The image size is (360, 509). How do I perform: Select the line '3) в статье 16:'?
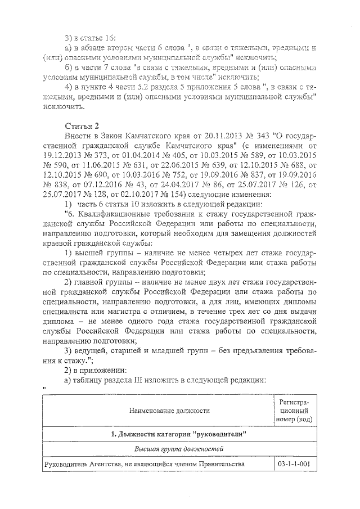pyautogui.click(x=90, y=38)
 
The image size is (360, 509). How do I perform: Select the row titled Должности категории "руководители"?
pyautogui.click(x=177, y=435)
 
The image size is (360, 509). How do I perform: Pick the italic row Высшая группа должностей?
pyautogui.click(x=177, y=449)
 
